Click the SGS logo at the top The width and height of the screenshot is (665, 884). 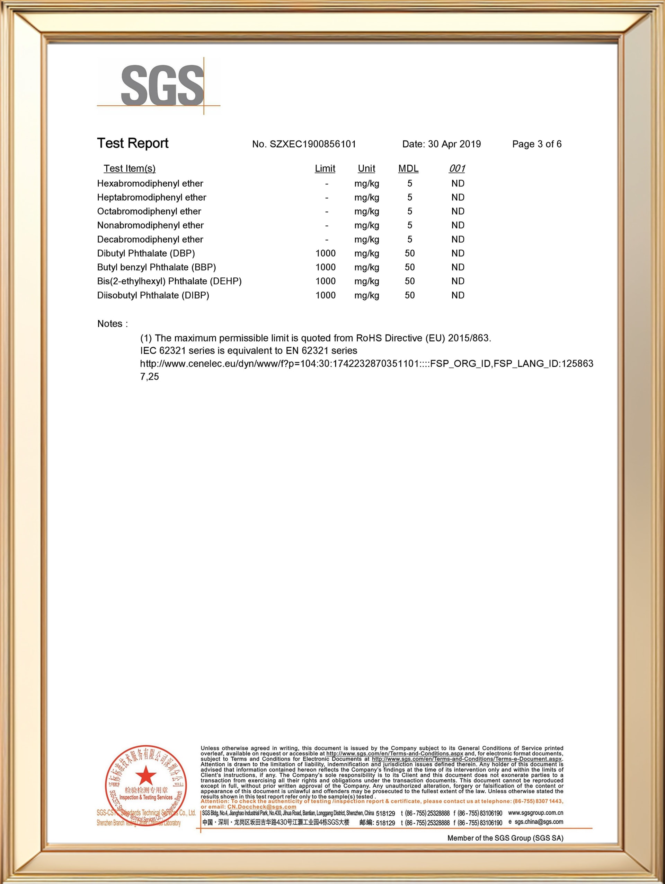point(162,86)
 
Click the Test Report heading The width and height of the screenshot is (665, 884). point(133,143)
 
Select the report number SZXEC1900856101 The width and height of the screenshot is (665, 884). point(312,144)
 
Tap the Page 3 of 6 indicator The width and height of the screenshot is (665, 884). point(537,144)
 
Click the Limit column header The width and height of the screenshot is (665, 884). point(325,168)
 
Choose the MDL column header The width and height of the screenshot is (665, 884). point(408,168)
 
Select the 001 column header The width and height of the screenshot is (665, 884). point(457,168)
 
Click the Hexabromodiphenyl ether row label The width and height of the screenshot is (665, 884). point(150,183)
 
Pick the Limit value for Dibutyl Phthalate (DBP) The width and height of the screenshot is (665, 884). point(325,253)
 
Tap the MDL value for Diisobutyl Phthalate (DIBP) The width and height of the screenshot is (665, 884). point(409,295)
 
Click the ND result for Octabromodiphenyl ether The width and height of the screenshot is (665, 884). point(458,211)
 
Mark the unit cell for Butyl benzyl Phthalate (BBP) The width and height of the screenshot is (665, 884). point(366,267)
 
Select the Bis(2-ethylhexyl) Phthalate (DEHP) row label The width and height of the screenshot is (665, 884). point(169,281)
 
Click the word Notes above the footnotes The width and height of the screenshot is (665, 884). point(110,324)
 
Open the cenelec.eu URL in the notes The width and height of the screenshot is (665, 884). point(366,364)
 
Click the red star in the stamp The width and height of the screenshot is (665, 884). point(146,776)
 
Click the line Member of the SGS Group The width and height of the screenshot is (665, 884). point(505,838)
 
